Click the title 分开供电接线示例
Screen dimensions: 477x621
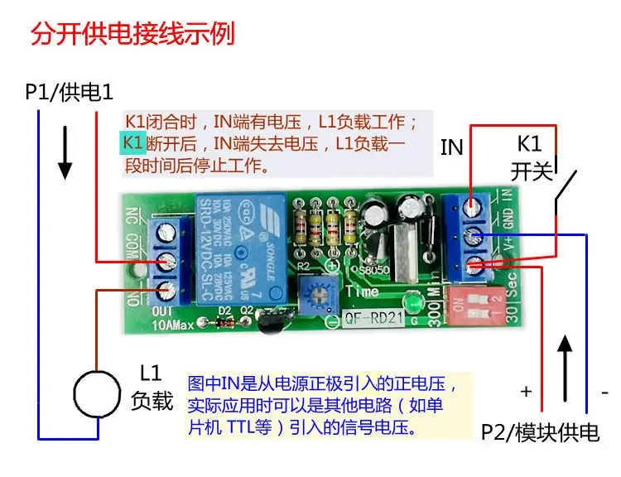click(133, 36)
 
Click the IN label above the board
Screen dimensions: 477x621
click(451, 148)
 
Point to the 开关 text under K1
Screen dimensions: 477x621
click(531, 172)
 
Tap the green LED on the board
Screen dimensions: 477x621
click(407, 301)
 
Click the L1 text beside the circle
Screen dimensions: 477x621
click(152, 374)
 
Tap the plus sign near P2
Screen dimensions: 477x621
click(525, 389)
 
